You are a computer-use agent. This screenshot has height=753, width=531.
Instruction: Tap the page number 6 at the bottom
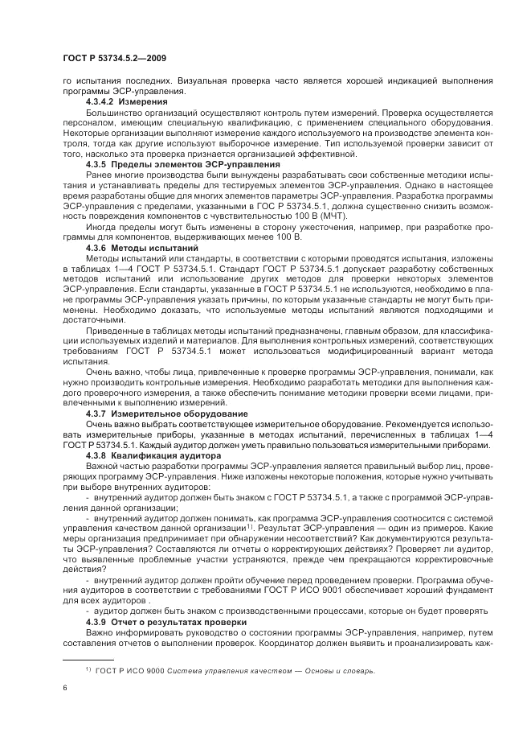64,689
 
